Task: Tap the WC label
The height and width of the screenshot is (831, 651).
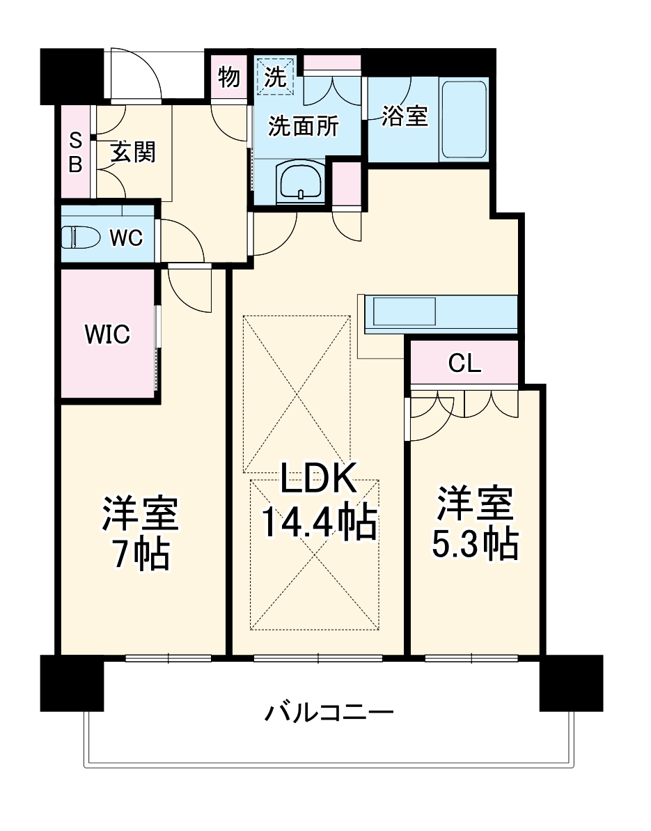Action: [x=126, y=238]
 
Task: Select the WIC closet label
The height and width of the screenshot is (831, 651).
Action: [x=107, y=334]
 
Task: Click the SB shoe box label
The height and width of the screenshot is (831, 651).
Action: [x=74, y=153]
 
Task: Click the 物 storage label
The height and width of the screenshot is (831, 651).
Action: [x=228, y=77]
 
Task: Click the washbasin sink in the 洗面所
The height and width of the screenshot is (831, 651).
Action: [x=301, y=182]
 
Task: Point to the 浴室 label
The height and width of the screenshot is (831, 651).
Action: [x=404, y=116]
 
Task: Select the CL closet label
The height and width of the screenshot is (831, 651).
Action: [x=464, y=363]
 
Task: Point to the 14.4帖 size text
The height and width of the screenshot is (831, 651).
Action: [x=319, y=522]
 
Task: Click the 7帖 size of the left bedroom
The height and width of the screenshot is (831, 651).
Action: [x=141, y=554]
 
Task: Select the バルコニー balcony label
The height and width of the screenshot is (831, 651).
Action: [x=329, y=713]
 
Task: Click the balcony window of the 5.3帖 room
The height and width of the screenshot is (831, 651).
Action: [x=472, y=658]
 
